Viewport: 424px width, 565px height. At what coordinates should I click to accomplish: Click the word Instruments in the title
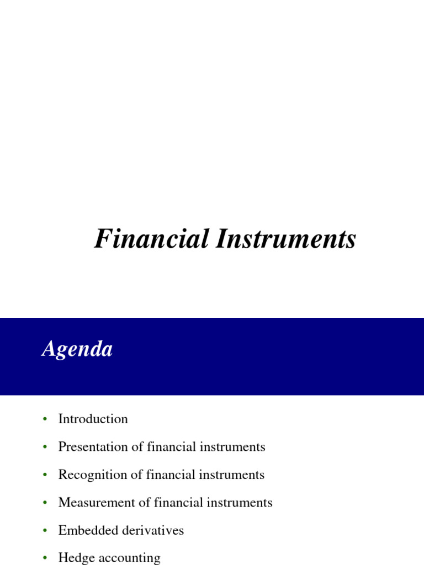[285, 239]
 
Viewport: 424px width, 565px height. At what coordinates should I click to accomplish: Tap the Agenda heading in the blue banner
[77, 349]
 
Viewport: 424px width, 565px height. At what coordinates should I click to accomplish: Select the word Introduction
[93, 419]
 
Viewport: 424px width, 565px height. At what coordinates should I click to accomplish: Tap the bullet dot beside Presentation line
[45, 447]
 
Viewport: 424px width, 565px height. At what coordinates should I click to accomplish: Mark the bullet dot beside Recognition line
[45, 475]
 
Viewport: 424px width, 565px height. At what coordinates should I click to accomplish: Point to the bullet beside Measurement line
[45, 503]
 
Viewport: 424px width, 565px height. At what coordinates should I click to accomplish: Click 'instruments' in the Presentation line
[238, 447]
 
